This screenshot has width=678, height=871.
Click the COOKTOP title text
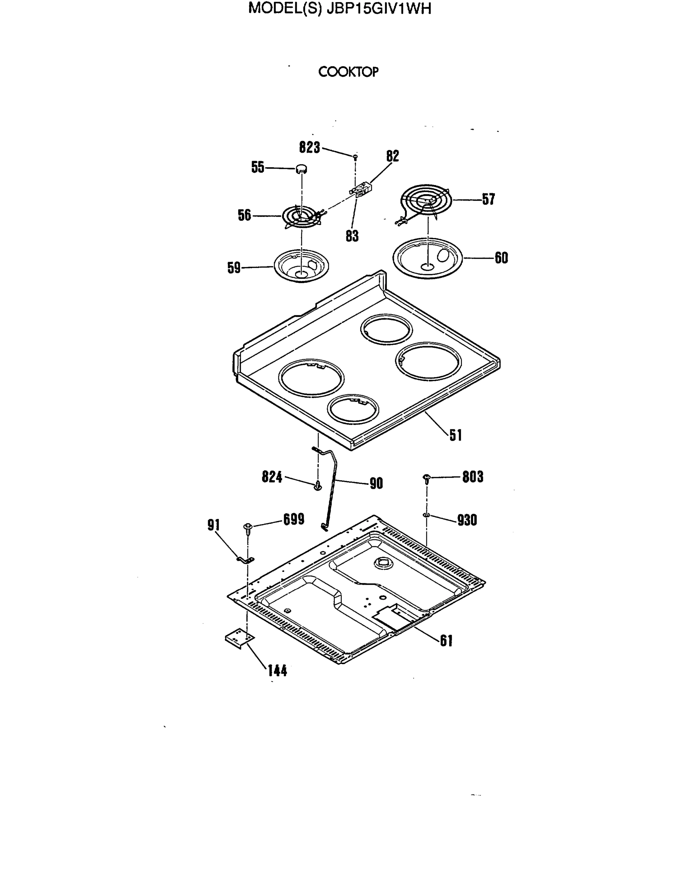pos(348,72)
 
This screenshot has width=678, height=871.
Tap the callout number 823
pos(310,148)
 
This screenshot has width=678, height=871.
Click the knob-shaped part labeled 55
pos(302,169)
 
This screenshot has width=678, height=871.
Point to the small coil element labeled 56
pos(301,217)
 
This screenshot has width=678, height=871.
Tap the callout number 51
pos(456,435)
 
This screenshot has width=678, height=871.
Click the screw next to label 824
pos(318,486)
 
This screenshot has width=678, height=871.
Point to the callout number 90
pos(376,483)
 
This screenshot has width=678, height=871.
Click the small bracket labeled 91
pos(246,560)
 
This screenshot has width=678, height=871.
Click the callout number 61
pos(446,641)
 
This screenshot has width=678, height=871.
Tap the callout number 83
pos(352,236)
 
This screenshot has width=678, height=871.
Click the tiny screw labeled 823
pos(355,157)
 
